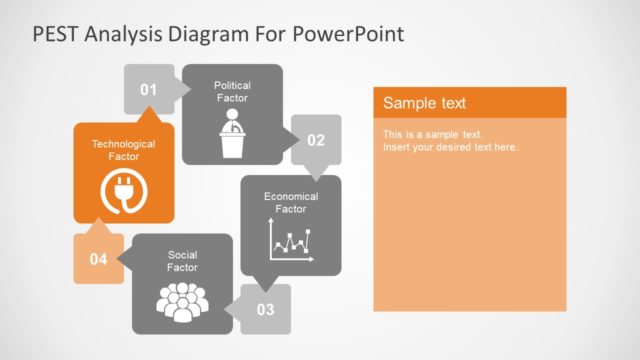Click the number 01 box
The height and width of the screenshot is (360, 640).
click(148, 90)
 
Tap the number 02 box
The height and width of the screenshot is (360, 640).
click(315, 140)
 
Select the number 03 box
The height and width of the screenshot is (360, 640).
click(265, 309)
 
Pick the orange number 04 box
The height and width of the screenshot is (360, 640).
click(98, 259)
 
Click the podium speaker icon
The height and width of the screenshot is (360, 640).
click(232, 134)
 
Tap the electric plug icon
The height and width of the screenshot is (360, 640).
click(123, 192)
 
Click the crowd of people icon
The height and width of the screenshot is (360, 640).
click(182, 302)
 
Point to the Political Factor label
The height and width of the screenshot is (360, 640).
click(232, 92)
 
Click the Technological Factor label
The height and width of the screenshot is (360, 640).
click(123, 150)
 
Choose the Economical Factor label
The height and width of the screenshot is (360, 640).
click(290, 203)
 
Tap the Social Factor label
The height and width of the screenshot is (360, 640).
click(182, 261)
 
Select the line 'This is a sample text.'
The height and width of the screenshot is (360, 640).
click(433, 134)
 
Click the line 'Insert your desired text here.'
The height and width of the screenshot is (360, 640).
click(450, 147)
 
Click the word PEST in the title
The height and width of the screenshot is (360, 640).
click(56, 34)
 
